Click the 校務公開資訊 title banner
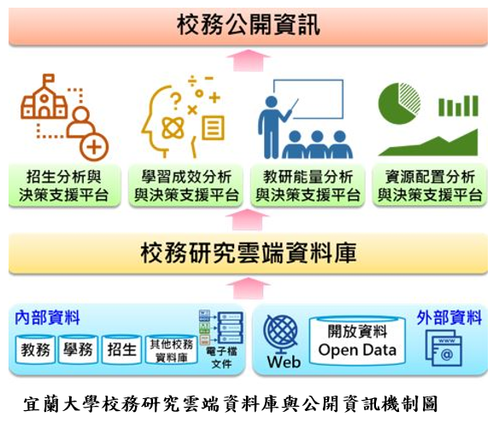pyautogui.click(x=248, y=26)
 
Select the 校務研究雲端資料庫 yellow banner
pyautogui.click(x=248, y=253)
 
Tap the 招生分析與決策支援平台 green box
pyautogui.click(x=64, y=185)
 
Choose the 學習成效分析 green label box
pyautogui.click(x=185, y=185)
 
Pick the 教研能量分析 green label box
pyautogui.click(x=308, y=185)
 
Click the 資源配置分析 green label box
pyautogui.click(x=430, y=185)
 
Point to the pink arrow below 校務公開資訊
pyautogui.click(x=248, y=61)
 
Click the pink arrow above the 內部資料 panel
pyautogui.click(x=248, y=288)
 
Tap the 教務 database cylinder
pyautogui.click(x=35, y=350)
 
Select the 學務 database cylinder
pyautogui.click(x=79, y=350)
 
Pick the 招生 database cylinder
pyautogui.click(x=121, y=350)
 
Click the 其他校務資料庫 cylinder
pyautogui.click(x=172, y=350)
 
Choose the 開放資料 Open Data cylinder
pyautogui.click(x=357, y=341)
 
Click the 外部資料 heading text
pyautogui.click(x=449, y=317)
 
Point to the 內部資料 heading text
pyautogui.click(x=47, y=317)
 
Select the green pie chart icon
pyautogui.click(x=399, y=103)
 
